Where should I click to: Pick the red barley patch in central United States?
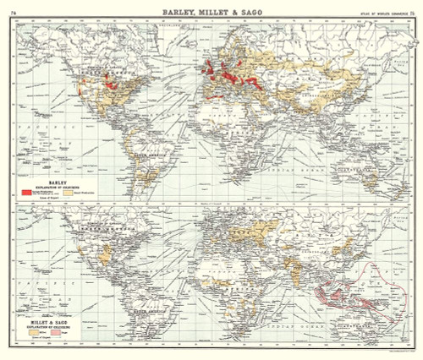(107, 81)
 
